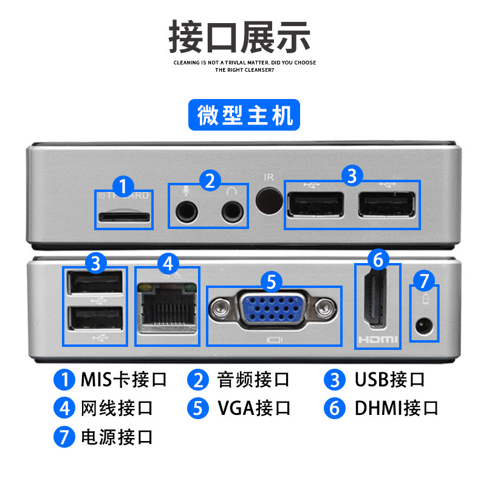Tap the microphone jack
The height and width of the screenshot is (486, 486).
187,211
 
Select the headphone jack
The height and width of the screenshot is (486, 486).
231,211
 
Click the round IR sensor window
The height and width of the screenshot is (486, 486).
269,201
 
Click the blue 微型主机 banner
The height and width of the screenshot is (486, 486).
244,115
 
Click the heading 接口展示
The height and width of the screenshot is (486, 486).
240,36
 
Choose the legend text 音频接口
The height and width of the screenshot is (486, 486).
254,380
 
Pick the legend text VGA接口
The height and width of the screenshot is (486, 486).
254,408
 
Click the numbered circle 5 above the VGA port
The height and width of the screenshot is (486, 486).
272,282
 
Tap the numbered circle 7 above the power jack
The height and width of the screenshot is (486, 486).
424,281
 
